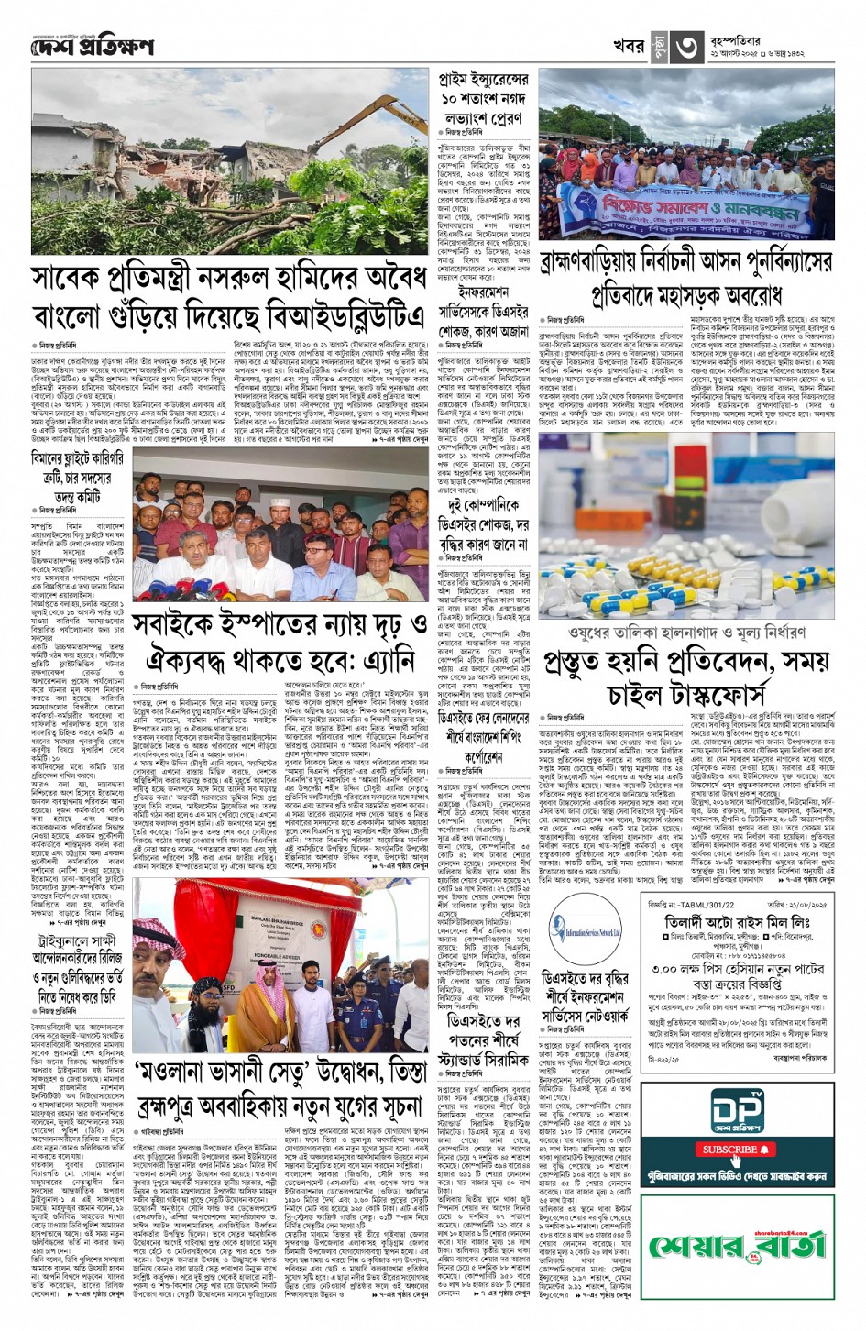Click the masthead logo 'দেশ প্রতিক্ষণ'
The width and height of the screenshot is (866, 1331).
(91, 46)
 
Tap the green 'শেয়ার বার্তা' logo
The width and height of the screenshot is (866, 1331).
(738, 1245)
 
